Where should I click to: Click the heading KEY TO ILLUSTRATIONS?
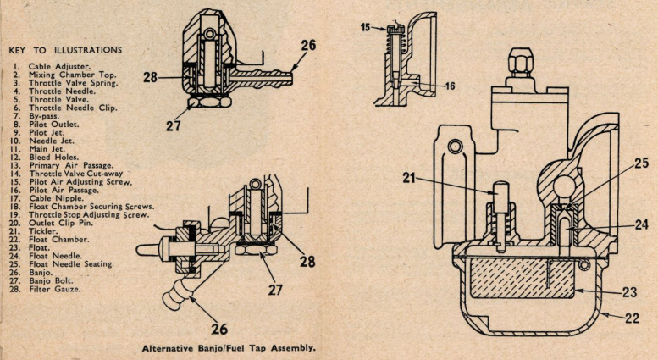pos(65,50)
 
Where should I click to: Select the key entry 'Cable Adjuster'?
pos(59,66)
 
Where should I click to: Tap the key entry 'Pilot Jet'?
pos(47,132)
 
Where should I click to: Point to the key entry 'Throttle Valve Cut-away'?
pos(76,174)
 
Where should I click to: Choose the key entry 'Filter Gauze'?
pos(54,289)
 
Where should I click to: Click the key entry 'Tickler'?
pos(43,231)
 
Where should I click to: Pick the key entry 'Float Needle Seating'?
pos(71,264)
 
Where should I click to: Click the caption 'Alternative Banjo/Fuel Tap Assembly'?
pos(229,348)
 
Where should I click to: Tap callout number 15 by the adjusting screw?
pos(366,27)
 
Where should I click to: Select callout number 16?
pos(450,86)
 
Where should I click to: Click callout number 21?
pos(409,178)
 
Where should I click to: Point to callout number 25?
pos(642,163)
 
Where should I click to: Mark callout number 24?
pos(642,225)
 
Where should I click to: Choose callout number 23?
pos(630,291)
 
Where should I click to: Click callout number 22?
pos(632,318)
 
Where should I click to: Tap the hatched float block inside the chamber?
pos(522,278)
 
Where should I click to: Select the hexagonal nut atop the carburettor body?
pos(520,62)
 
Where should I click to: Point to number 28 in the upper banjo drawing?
pos(150,77)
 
